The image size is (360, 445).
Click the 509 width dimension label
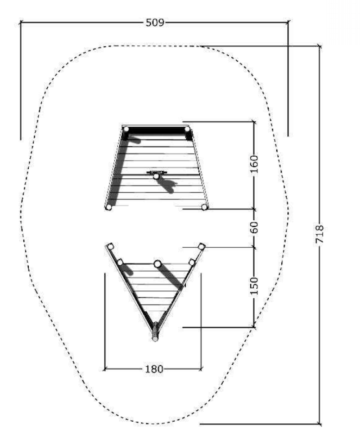pos(154,22)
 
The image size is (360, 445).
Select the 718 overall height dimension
pos(320,235)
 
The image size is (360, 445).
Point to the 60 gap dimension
pos(254,228)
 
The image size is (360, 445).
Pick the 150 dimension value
pos(254,286)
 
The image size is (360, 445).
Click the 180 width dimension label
pos(154,369)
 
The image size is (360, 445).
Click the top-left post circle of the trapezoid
pos(126,129)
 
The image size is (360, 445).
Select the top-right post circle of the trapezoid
pos(188,130)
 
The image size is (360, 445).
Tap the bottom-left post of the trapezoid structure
pos(108,207)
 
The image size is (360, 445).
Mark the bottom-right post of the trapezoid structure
pos(204,207)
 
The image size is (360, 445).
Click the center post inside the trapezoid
pos(156,177)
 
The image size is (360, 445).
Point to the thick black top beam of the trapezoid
pos(157,130)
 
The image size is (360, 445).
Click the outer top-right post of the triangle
pos(202,246)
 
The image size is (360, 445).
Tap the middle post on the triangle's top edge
pos(157,263)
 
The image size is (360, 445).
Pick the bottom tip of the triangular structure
pos(155,338)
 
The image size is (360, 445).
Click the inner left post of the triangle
pos(120,262)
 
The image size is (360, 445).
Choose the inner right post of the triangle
pos(192,262)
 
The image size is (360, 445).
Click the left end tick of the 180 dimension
pos(105,369)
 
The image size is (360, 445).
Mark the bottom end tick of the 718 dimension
pos(320,424)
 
